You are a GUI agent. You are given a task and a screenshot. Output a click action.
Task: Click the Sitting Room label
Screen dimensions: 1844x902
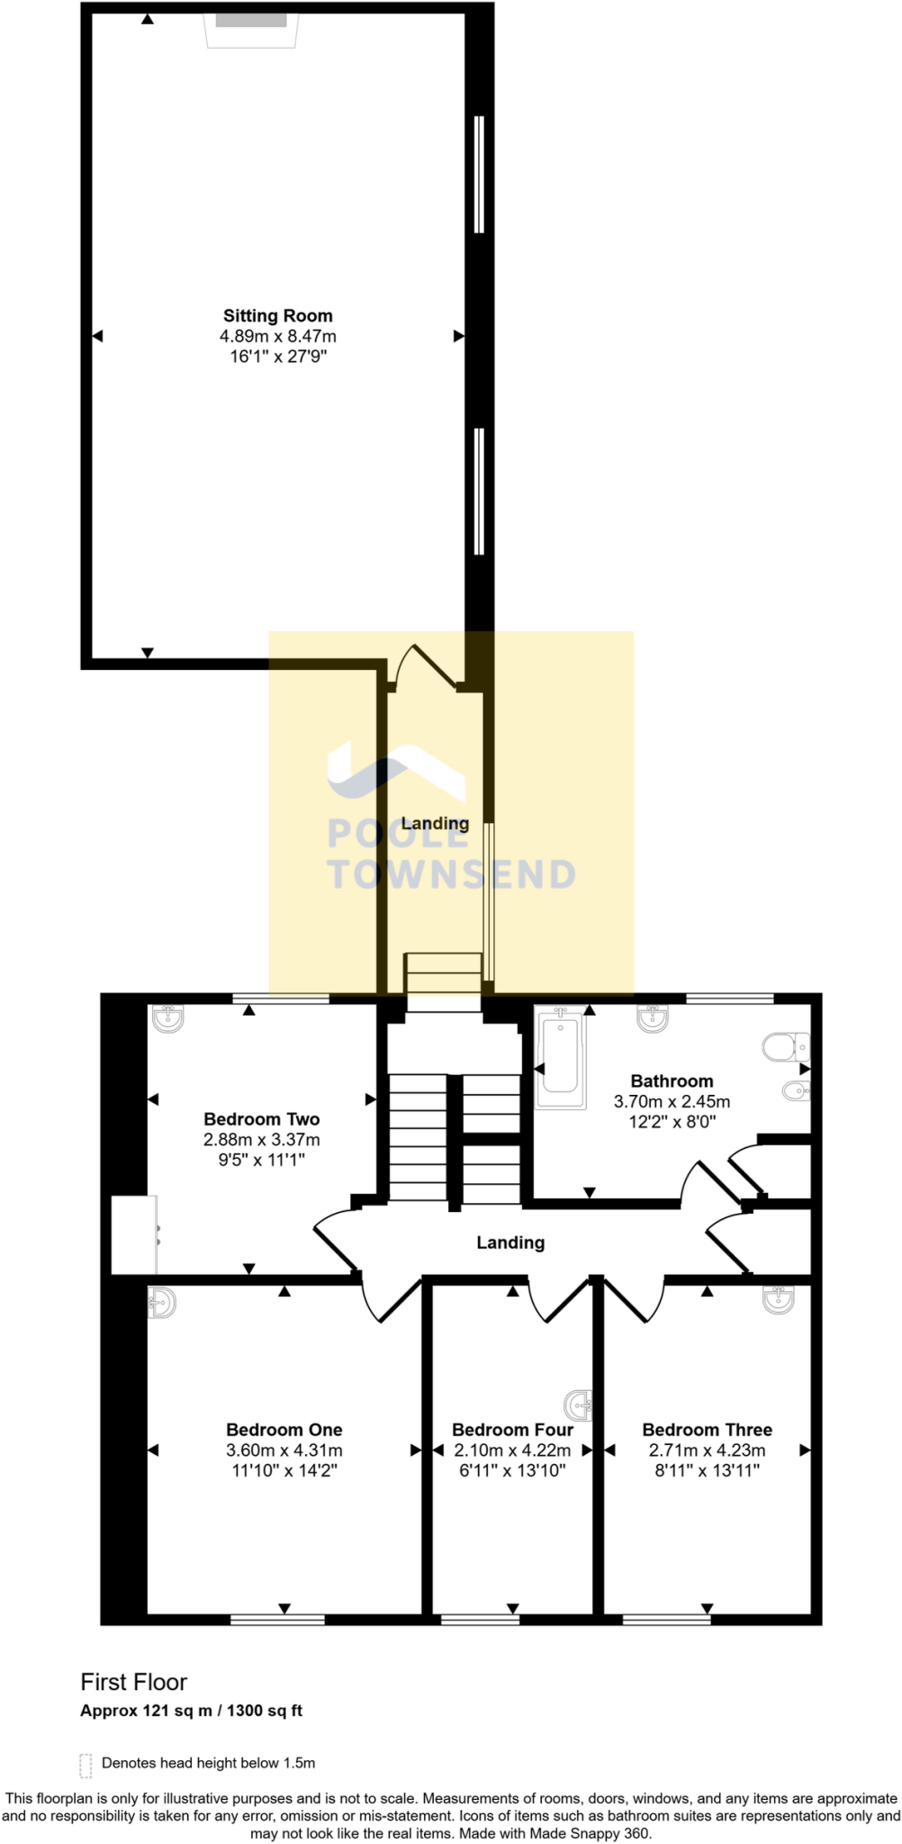pos(277,316)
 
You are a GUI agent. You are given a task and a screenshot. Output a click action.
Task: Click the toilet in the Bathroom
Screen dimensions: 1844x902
pos(786,1047)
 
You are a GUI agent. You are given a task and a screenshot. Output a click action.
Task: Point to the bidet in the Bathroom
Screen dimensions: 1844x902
pos(795,1092)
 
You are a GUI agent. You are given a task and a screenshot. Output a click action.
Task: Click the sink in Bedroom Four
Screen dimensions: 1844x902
pos(578,1404)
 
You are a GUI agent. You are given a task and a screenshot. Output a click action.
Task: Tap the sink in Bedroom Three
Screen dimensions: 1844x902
pos(778,1299)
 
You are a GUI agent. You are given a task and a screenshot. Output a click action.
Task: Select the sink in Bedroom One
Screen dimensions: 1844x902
pos(161,1302)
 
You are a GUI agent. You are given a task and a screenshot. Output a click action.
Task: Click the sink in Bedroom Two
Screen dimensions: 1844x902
pos(167,1018)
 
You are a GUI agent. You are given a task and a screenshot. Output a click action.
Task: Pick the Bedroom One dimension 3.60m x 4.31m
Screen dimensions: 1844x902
pos(284,1451)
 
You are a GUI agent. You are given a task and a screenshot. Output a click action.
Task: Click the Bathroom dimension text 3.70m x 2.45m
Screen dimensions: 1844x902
pos(672,1101)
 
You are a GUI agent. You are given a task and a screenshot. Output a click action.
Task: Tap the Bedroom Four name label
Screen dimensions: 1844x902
pos(512,1430)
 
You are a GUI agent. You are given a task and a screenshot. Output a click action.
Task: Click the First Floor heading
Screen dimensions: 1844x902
pos(134,1682)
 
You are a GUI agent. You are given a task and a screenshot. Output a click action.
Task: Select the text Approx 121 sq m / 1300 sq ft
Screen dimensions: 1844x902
pos(191,1711)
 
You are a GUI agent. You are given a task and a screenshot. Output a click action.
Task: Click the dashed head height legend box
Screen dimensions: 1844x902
pos(86,1765)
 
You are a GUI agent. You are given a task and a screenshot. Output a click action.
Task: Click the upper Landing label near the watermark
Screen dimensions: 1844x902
pos(435,823)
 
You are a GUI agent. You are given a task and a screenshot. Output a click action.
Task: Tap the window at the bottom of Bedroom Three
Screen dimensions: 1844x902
pos(666,1620)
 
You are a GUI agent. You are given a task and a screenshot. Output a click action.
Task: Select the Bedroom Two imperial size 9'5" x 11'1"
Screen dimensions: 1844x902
pos(262,1160)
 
